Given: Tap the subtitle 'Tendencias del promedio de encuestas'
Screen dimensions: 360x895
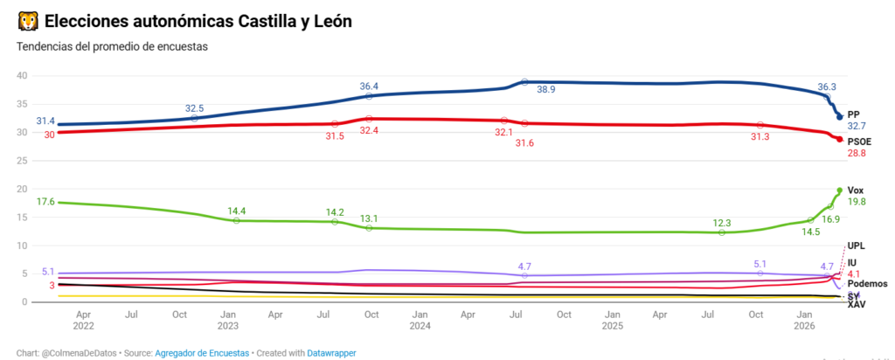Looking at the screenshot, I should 112,46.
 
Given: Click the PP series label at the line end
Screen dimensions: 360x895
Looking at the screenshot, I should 854,114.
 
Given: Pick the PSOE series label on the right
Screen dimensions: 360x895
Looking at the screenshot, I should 859,142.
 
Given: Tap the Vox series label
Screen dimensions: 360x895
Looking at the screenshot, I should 856,190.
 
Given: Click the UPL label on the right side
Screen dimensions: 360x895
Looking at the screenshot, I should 857,247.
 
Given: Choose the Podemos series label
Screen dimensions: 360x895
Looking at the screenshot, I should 867,284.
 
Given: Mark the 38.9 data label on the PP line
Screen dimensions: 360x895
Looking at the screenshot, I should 546,89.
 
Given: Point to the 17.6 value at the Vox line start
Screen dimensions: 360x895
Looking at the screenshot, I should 45,202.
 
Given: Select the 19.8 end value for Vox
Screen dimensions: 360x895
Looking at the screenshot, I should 857,202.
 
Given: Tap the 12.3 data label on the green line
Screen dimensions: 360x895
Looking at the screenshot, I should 721,223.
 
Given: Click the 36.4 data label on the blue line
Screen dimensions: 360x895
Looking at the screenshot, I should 369,87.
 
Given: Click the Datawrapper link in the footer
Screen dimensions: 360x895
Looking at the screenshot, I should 331,353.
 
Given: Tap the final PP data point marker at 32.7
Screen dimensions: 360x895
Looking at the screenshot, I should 840,117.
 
